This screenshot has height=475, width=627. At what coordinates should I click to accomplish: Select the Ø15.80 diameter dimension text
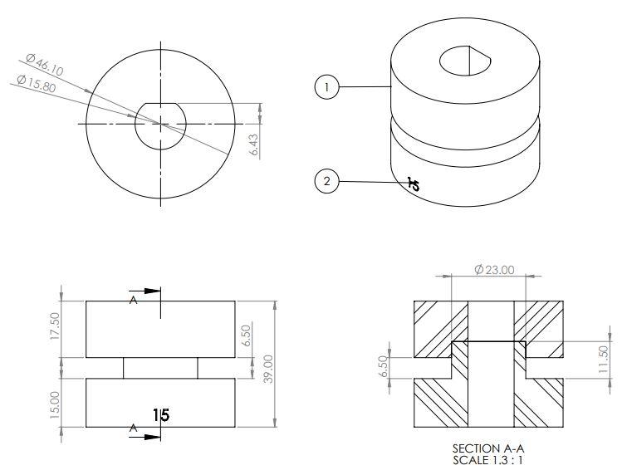(37, 84)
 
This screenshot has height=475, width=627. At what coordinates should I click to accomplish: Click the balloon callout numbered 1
(327, 87)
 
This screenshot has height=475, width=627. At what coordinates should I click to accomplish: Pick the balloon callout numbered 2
(327, 181)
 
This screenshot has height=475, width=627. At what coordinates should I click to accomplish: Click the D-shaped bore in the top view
(160, 125)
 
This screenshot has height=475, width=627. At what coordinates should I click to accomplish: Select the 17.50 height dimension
(56, 325)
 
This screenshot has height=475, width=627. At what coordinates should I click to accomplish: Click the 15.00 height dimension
(56, 404)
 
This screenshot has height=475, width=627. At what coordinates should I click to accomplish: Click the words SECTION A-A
(488, 448)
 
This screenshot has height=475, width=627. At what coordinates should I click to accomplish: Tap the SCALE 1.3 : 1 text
(488, 460)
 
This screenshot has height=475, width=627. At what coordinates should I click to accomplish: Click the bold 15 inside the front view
(161, 414)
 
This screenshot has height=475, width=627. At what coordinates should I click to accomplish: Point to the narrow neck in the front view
(160, 368)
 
